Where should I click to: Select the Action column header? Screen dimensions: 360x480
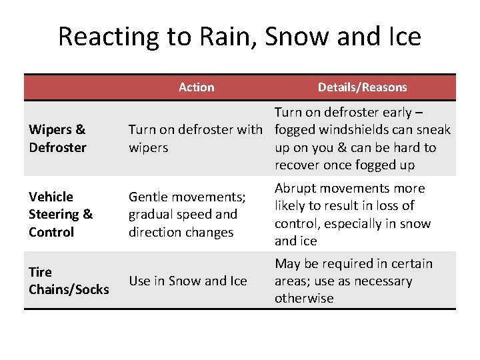(x=197, y=87)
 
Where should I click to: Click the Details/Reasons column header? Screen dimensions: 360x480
(x=362, y=87)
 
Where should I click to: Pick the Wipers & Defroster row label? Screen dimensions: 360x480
(x=57, y=139)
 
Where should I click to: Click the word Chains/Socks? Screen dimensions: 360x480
(x=69, y=289)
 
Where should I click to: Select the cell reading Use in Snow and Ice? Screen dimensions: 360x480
(x=187, y=281)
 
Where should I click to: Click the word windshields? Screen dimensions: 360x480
(x=351, y=130)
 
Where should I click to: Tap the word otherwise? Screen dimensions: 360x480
(x=304, y=299)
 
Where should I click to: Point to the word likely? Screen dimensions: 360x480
(x=293, y=206)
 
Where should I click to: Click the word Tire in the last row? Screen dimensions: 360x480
(x=41, y=272)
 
